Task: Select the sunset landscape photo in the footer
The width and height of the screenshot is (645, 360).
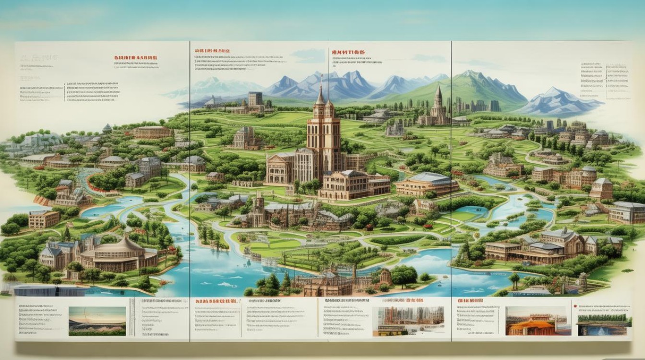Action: [x=97, y=321]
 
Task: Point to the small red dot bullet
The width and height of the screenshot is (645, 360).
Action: [x=574, y=303]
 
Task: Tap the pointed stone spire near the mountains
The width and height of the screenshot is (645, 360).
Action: [x=437, y=101]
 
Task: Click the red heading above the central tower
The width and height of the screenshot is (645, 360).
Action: [x=346, y=51]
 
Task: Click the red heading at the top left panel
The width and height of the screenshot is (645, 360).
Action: [x=135, y=58]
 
